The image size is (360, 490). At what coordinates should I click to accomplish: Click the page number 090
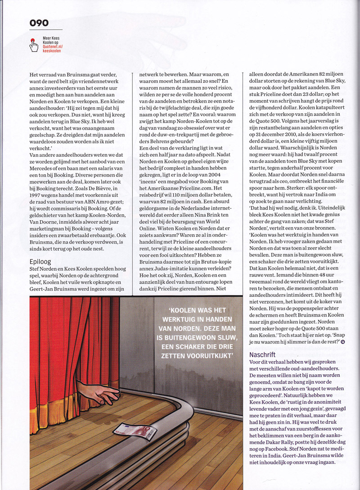coord(39,23)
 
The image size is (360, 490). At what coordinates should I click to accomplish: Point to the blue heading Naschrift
coord(265,355)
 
